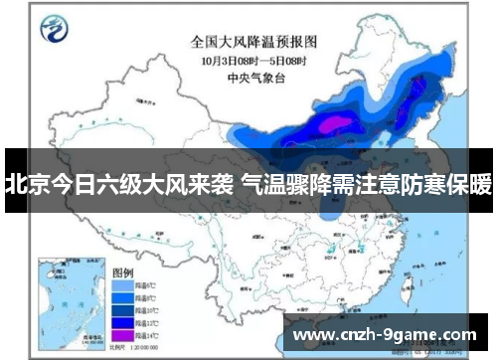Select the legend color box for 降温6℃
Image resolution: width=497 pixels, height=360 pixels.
click(122, 284)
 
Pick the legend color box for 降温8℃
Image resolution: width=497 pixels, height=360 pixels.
click(122, 296)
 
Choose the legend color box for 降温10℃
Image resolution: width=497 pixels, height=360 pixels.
click(122, 308)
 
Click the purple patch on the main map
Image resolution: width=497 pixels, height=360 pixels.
click(338, 123)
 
